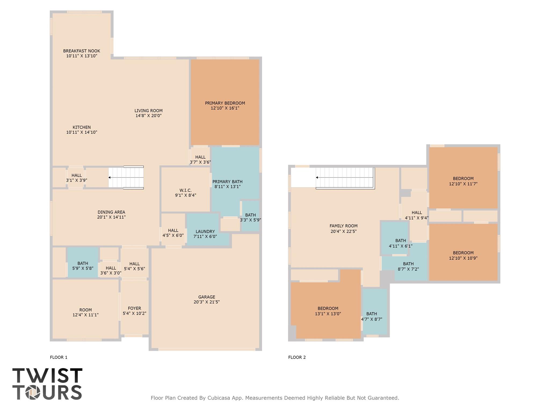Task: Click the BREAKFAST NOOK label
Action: (x=82, y=51)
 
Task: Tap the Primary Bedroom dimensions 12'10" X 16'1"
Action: (x=225, y=108)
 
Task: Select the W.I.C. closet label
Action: (x=186, y=190)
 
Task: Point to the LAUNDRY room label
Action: (x=205, y=231)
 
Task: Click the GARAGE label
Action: (x=207, y=297)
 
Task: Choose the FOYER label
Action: (x=134, y=308)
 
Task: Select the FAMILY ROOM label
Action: (x=343, y=226)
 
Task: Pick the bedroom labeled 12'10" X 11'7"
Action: (x=463, y=181)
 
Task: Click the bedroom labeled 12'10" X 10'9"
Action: (x=463, y=255)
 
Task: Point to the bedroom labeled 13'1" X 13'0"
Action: (x=328, y=311)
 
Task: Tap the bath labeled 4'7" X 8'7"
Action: (x=371, y=317)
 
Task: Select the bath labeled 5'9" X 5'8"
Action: (x=83, y=266)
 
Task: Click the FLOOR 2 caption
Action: (x=297, y=357)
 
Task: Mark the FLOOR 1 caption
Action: (x=59, y=357)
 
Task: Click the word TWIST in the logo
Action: (x=47, y=376)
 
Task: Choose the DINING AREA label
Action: (x=111, y=212)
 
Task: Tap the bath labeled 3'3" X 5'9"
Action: (x=250, y=217)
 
